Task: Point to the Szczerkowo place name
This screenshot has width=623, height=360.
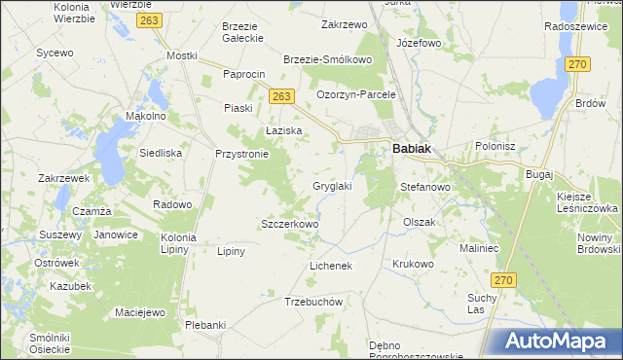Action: tap(289, 224)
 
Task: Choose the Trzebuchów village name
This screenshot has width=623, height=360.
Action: tap(313, 302)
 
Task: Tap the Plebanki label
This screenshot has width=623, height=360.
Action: tap(205, 325)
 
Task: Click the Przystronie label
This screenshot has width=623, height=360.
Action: tap(240, 154)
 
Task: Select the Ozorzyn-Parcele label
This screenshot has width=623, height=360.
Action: tap(356, 94)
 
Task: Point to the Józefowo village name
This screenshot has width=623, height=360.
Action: tap(420, 44)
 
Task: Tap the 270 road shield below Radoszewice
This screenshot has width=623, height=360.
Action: tap(578, 63)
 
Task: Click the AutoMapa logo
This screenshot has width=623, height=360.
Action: tap(558, 341)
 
